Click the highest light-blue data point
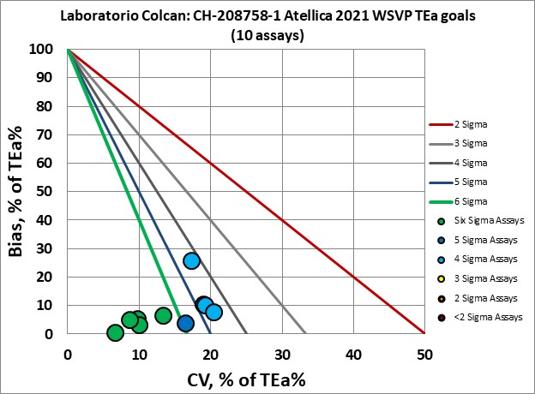pos(192,260)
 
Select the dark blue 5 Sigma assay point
pos(185,323)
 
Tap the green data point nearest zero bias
pos(115,332)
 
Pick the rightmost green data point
pos(163,315)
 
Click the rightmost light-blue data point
pos(213,312)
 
